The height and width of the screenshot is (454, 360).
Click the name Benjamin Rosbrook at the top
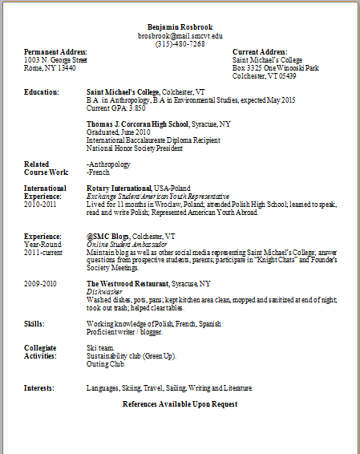coord(180,27)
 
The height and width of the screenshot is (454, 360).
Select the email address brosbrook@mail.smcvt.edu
coord(180,36)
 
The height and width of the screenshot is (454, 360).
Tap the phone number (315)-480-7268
coord(180,44)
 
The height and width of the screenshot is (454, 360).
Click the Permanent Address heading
coord(55,52)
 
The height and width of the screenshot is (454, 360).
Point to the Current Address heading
coord(261,52)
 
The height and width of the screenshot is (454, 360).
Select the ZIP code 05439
coord(286,76)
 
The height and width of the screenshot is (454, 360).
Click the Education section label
coord(41,92)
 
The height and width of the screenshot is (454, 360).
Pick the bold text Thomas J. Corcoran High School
coord(137,124)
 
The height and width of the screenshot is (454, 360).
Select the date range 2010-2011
coord(41,204)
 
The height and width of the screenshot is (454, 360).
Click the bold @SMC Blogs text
coord(107,237)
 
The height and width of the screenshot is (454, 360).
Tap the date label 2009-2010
coord(41,284)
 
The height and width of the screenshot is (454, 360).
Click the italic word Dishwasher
coord(103,292)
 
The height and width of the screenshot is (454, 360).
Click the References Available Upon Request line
coord(180,403)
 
